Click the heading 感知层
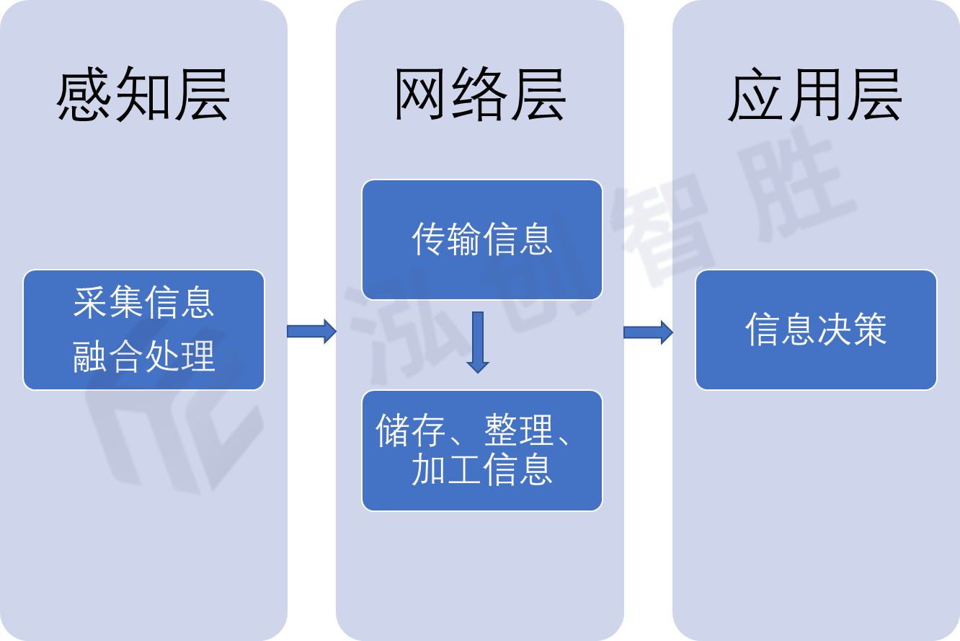coord(143,95)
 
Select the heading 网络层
coord(479,95)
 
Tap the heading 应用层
coord(815,95)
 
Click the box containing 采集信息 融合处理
coord(143,330)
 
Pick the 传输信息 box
coord(481,239)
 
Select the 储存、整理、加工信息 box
coord(481,451)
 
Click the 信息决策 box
coord(816,330)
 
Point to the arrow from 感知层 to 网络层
coord(311,331)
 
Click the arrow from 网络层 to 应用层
coord(648,332)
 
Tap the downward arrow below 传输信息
coord(477,342)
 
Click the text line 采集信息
coord(143,303)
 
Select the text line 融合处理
coord(143,356)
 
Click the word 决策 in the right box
coord(851,330)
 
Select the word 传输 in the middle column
coord(446,239)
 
